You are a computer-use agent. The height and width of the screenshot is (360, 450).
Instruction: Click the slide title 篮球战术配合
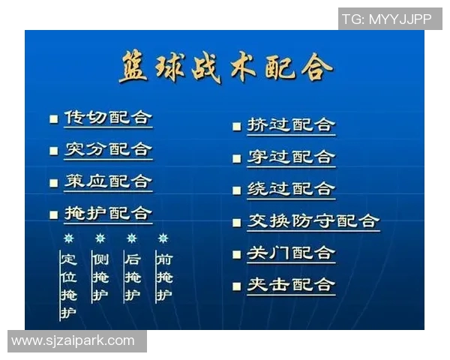(225, 68)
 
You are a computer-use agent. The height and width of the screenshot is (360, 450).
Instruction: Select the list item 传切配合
(108, 118)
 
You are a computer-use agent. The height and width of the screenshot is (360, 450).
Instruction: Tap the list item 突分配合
(108, 149)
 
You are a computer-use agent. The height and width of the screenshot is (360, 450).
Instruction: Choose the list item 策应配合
(108, 181)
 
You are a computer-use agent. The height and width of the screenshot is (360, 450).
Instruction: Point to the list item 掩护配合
(108, 214)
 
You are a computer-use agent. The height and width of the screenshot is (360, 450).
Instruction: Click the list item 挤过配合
(291, 125)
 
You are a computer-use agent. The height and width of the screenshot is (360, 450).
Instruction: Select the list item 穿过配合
(291, 157)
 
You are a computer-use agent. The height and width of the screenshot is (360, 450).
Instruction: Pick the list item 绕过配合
(291, 190)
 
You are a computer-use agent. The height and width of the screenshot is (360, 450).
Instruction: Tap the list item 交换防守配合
(313, 221)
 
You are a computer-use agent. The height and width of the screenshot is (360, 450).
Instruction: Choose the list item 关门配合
(291, 253)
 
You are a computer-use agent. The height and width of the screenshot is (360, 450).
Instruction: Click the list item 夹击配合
(291, 285)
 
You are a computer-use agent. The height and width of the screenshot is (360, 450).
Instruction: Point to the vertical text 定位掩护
(69, 286)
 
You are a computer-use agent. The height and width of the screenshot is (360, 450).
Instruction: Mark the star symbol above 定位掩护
(69, 238)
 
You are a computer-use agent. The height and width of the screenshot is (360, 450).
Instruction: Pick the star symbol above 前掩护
(163, 238)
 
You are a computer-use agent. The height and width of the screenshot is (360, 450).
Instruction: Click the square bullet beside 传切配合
(53, 118)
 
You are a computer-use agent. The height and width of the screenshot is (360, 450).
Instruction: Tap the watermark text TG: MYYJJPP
(387, 19)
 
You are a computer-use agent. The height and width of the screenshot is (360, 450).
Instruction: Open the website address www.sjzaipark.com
(73, 341)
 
